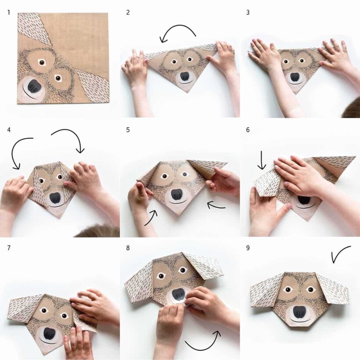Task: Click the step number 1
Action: click(9, 12)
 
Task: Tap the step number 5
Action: click(128, 130)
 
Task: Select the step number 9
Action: click(248, 248)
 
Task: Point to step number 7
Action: click(9, 248)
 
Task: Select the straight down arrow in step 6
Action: click(262, 160)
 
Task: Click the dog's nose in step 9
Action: click(299, 312)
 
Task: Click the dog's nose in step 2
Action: click(185, 77)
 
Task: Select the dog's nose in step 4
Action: click(55, 198)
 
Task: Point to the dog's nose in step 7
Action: click(49, 334)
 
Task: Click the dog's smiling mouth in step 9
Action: click(299, 320)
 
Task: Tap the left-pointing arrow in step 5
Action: click(216, 205)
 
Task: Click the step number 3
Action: click(248, 12)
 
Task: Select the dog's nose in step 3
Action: click(295, 78)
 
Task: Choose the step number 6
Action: click(248, 130)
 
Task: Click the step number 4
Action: click(9, 130)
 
